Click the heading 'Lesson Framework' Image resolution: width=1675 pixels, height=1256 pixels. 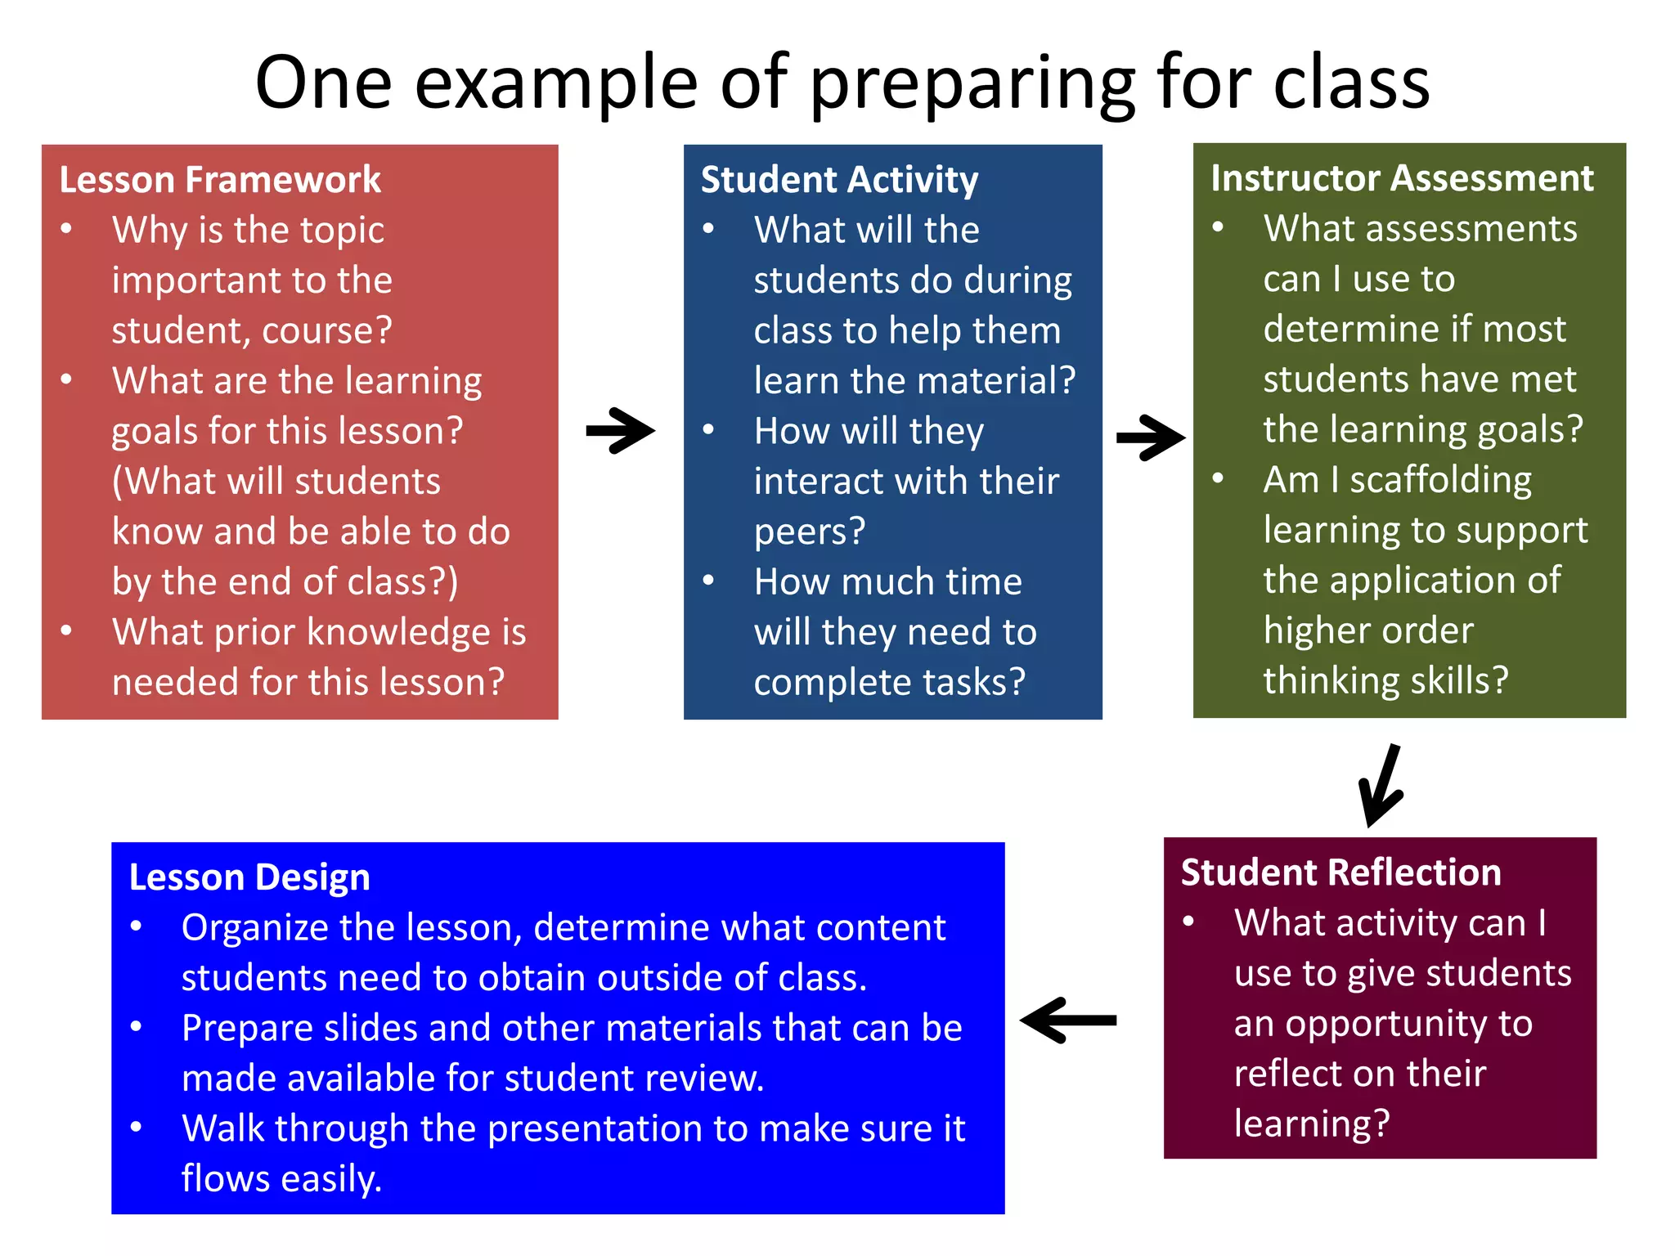click(219, 180)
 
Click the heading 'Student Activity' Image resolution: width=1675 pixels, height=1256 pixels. click(839, 180)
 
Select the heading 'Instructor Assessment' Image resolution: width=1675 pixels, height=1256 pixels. click(1402, 178)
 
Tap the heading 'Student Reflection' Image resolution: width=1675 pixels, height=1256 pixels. click(1340, 872)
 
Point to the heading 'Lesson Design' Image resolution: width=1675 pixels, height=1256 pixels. click(249, 877)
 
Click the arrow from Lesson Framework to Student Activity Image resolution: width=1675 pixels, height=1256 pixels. click(620, 430)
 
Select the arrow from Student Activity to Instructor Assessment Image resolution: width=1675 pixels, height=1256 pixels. click(1150, 438)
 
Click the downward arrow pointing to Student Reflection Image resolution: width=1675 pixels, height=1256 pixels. click(1381, 785)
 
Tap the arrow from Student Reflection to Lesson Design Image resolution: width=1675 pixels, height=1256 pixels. click(1068, 1020)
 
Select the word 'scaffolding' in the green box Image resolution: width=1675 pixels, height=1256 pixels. click(1440, 480)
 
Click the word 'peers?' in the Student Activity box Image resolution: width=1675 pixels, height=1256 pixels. click(809, 532)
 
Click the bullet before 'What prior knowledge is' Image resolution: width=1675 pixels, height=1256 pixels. click(67, 630)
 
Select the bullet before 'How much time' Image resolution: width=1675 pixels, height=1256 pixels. click(709, 581)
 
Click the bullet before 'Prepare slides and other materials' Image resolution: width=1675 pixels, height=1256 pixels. click(137, 1026)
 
